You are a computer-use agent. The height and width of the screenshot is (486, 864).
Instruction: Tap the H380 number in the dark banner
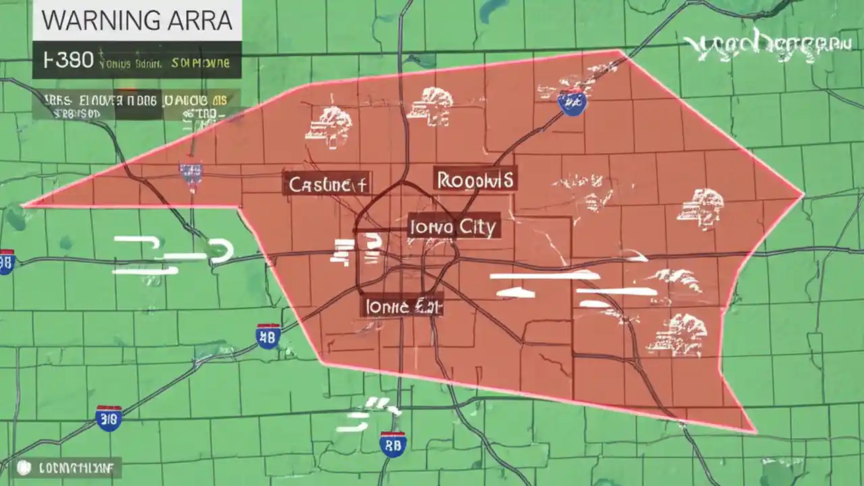click(x=67, y=60)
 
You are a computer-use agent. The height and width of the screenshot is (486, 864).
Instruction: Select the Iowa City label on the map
click(x=454, y=227)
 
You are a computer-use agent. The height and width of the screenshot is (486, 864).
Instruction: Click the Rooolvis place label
click(x=475, y=180)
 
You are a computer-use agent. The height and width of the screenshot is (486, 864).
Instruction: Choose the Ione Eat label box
click(x=402, y=306)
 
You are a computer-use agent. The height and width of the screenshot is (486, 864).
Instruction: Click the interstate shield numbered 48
click(x=268, y=335)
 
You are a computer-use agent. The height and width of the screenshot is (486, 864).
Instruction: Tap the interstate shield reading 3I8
click(x=109, y=418)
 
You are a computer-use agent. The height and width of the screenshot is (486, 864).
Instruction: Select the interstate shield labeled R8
click(x=392, y=443)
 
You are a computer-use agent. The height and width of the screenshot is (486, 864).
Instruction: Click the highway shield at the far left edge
click(x=6, y=261)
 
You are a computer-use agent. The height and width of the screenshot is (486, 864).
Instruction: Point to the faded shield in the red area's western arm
click(x=190, y=173)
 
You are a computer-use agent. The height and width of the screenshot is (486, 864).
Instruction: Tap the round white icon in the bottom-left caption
click(x=25, y=466)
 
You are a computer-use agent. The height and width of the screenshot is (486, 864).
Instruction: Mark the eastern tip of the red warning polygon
click(x=803, y=196)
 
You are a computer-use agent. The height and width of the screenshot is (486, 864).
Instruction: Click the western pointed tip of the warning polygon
click(x=24, y=204)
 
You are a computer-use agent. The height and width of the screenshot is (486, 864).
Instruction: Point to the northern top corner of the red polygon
click(x=620, y=51)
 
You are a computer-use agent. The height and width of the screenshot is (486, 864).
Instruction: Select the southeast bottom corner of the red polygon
click(x=753, y=431)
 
